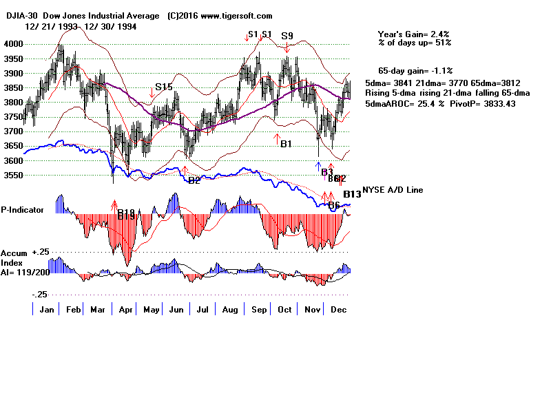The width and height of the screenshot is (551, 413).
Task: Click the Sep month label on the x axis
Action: pos(258,310)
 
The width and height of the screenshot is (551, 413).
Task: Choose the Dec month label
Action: pos(337,310)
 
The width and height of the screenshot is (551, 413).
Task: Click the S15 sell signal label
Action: pos(164,87)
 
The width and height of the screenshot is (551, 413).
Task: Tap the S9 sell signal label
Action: pos(287,36)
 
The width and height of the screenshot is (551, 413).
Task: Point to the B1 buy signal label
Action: pos(287,144)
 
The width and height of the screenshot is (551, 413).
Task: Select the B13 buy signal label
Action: pos(352,194)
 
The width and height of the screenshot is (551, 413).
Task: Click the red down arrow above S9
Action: pos(287,47)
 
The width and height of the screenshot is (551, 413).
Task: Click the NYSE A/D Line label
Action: pos(393,190)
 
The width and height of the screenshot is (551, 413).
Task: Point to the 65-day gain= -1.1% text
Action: pos(414,71)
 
